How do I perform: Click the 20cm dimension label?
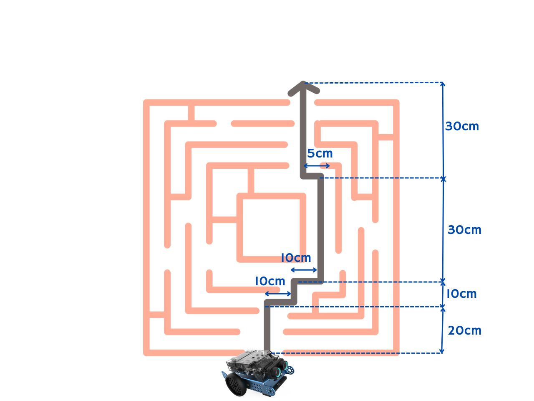(464, 330)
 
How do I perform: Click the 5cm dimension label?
(320, 154)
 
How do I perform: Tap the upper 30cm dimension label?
(462, 126)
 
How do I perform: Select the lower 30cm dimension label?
(464, 230)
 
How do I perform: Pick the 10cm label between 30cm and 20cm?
(461, 294)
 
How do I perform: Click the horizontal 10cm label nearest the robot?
(270, 282)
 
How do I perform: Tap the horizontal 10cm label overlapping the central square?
(295, 258)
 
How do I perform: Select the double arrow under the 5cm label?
(317, 166)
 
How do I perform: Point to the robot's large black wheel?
(236, 384)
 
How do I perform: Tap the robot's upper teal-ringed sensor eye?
(285, 364)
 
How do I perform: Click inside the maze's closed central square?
(271, 228)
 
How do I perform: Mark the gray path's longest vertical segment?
(320, 230)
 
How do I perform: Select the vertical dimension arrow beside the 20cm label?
(442, 330)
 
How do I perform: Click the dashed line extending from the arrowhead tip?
(375, 83)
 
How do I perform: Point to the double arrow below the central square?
(304, 270)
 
